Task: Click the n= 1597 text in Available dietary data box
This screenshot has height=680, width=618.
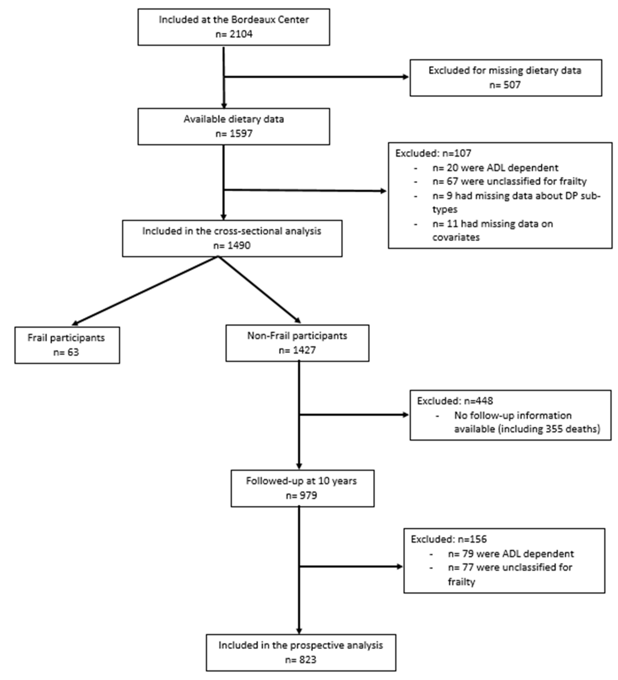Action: [234, 134]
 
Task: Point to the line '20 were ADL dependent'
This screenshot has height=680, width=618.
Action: [495, 168]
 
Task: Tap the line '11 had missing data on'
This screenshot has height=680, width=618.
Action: [493, 224]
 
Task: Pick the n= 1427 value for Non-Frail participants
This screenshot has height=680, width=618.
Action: [297, 350]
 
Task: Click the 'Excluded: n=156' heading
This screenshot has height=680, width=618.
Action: [448, 539]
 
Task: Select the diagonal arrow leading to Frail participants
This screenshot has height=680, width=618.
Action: [145, 291]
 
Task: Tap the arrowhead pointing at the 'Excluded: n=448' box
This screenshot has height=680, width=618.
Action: [406, 415]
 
